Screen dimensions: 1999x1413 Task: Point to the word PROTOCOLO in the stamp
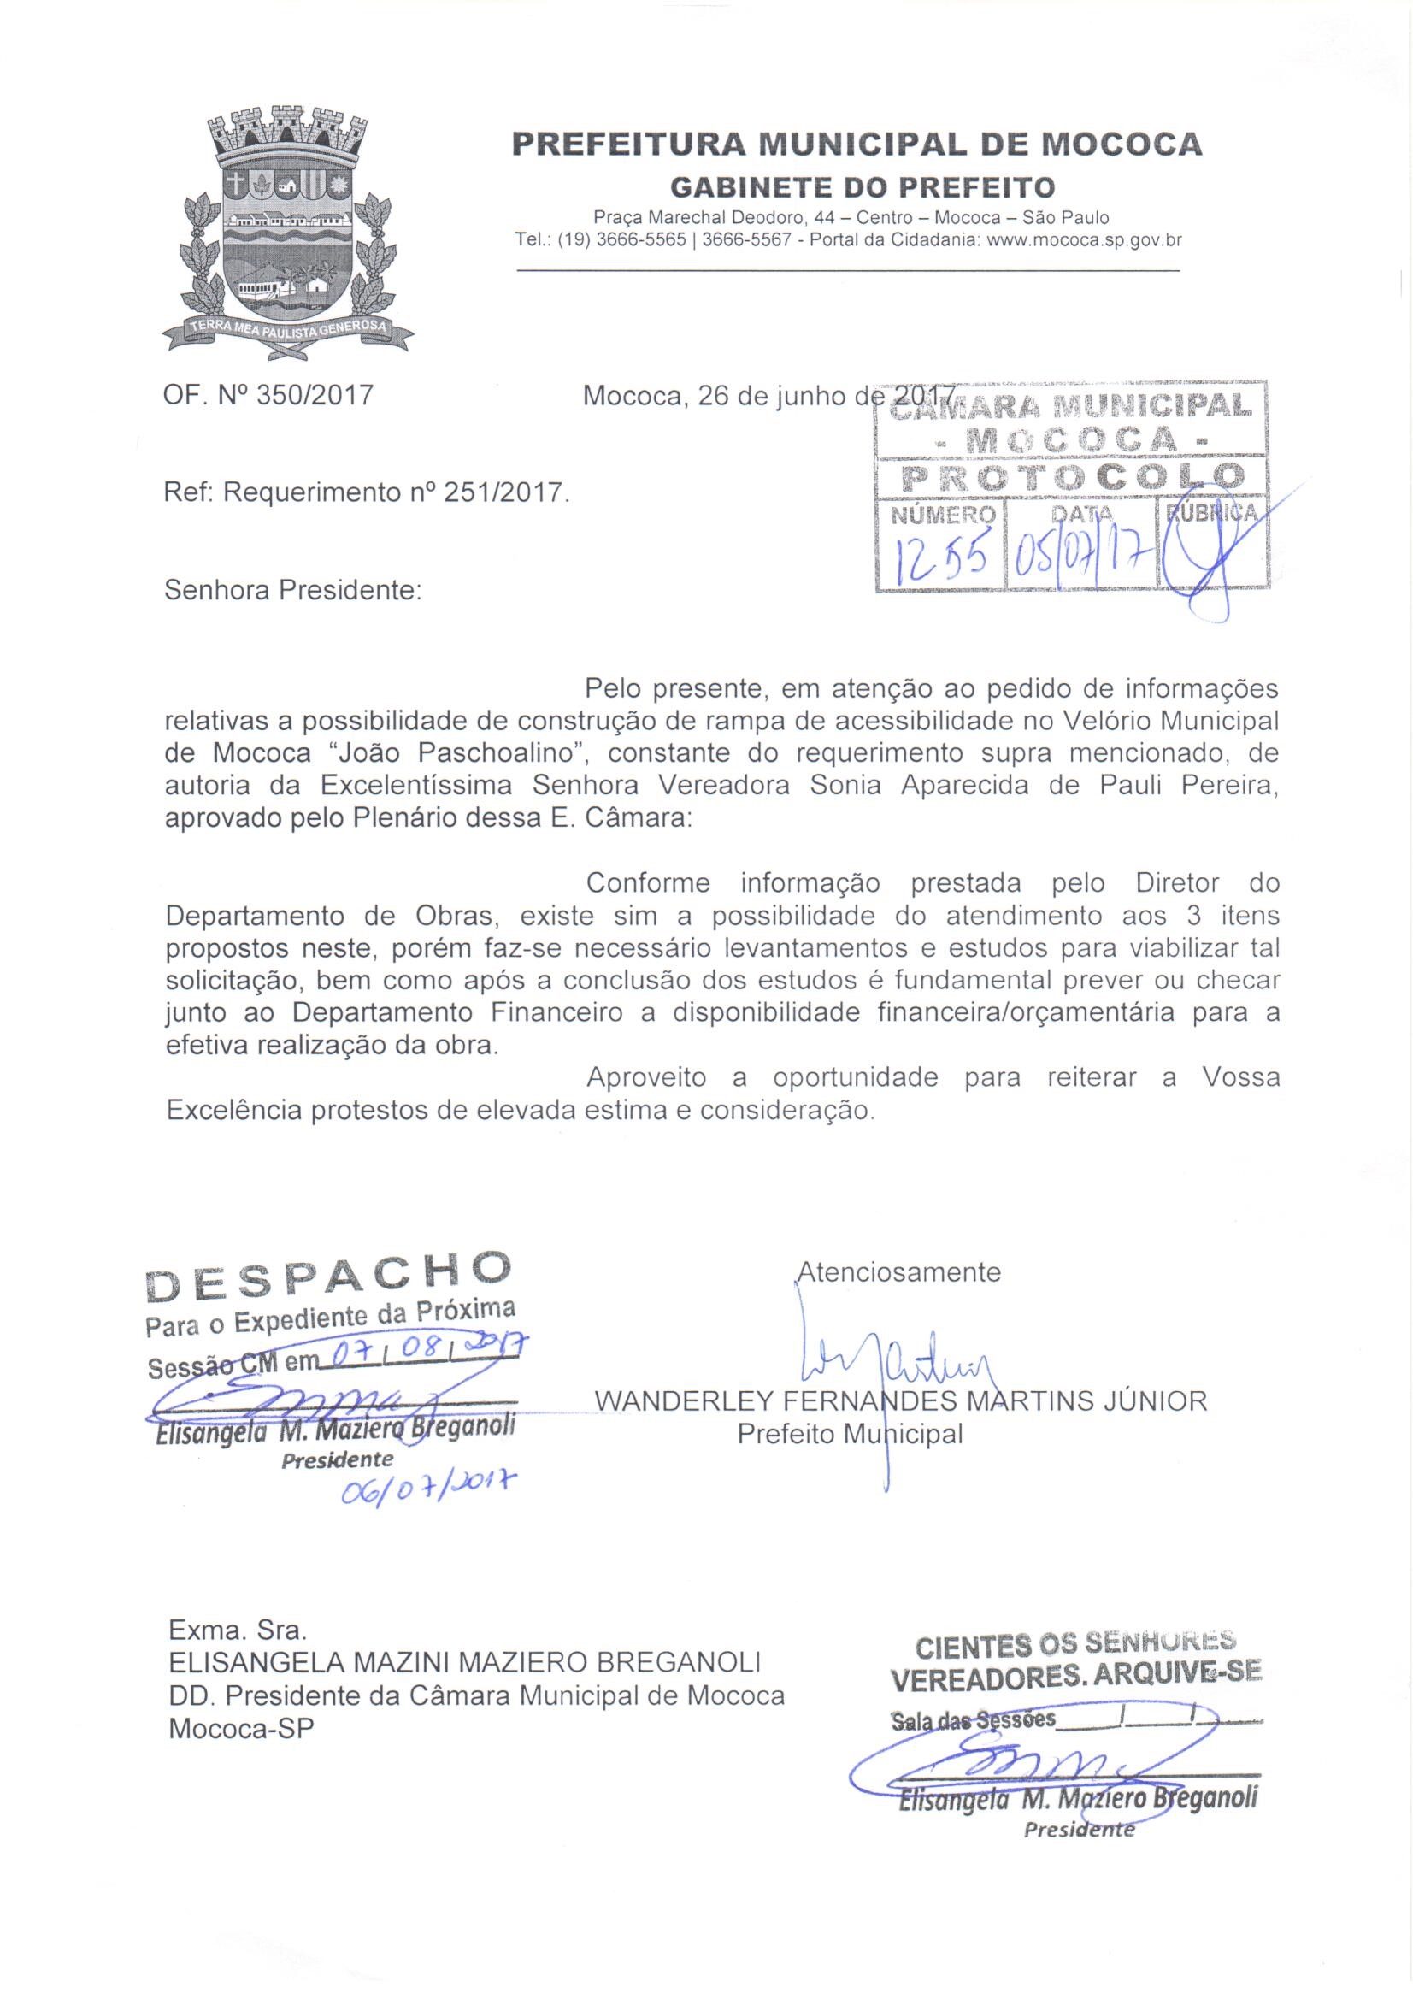point(1072,476)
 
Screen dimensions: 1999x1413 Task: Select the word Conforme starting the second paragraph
point(648,883)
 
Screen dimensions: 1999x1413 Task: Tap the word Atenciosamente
point(899,1272)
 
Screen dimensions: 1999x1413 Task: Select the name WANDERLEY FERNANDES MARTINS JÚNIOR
point(901,1401)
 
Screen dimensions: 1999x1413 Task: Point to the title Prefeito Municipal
point(850,1434)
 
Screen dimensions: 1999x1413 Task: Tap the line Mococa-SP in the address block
point(240,1727)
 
